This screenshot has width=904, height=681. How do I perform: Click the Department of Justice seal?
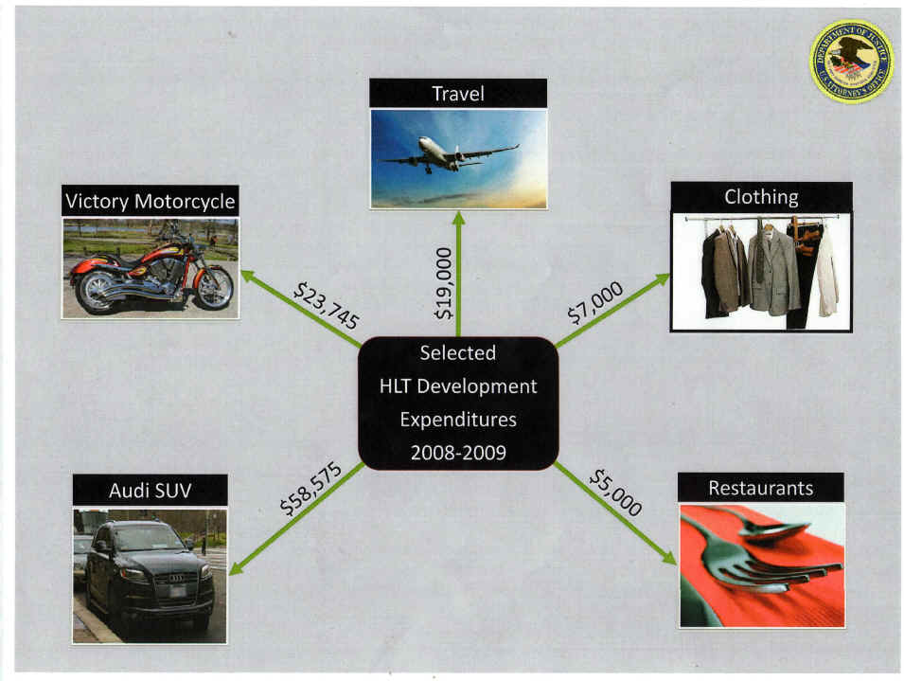851,62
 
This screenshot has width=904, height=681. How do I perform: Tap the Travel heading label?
458,93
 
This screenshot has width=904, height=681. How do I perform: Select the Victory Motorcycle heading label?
151,201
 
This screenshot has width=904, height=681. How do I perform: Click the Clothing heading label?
761,197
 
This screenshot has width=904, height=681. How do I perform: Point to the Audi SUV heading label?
151,490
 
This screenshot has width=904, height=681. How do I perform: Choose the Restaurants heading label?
761,488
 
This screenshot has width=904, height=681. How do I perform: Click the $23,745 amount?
326,305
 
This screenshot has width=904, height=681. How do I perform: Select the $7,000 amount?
595,302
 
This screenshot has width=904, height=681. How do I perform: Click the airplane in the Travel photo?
450,154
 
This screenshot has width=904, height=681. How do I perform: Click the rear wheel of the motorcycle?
97,291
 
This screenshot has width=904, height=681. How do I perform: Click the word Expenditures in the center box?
458,419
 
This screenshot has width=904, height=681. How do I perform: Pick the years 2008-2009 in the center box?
458,452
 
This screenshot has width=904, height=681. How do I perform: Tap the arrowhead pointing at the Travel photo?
458,219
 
